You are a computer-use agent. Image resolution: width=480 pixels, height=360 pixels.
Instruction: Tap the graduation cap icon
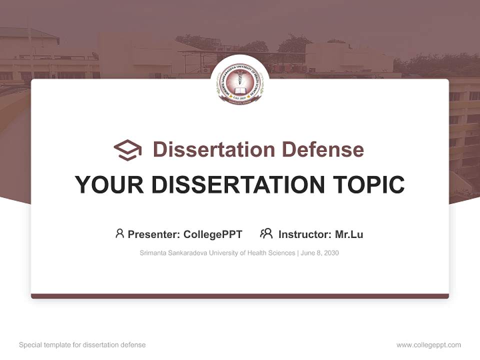coord(127,150)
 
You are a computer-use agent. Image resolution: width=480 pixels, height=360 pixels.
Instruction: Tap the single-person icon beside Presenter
coord(119,233)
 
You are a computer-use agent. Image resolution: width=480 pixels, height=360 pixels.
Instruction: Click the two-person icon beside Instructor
coord(266,233)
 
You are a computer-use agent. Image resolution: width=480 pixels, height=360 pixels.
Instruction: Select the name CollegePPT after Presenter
coord(212,234)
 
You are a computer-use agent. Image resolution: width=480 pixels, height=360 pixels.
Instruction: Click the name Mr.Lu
coord(349,234)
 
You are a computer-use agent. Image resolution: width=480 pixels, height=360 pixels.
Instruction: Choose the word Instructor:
coord(304,234)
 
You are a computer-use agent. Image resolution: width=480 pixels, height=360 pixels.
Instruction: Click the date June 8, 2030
coord(320,253)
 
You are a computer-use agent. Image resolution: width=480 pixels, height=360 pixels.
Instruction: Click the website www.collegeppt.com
coord(428,345)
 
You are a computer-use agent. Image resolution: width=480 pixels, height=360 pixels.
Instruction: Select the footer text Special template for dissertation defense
coord(82,345)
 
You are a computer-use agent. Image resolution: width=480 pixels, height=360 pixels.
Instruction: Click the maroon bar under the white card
coord(239,296)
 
